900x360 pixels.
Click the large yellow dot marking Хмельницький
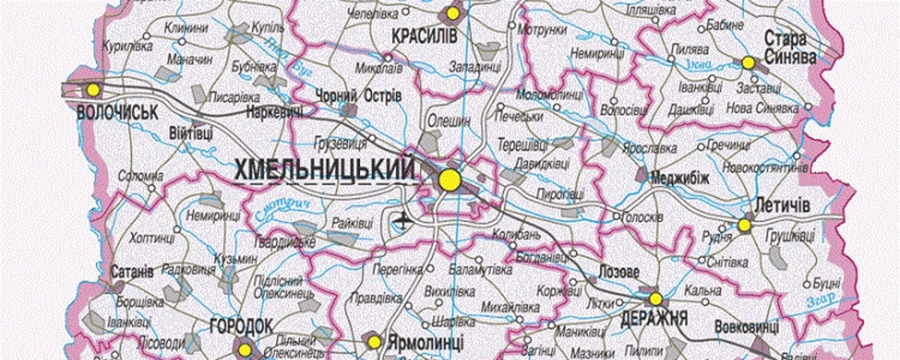pos(449,180)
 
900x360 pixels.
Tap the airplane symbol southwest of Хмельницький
pos(402,220)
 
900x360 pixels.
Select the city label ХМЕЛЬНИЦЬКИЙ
pos(325,169)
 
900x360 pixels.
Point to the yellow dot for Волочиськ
pos(92,90)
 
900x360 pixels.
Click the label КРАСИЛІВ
pos(424,37)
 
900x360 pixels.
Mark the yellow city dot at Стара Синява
pos(748,62)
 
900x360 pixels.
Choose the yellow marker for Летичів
pos(744,225)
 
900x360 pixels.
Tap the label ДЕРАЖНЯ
pos(654,318)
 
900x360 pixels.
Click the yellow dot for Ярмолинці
pos(374,342)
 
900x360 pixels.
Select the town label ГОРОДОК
pos(242,326)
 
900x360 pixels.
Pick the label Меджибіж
pos(680,178)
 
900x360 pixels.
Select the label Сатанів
pos(132,272)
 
